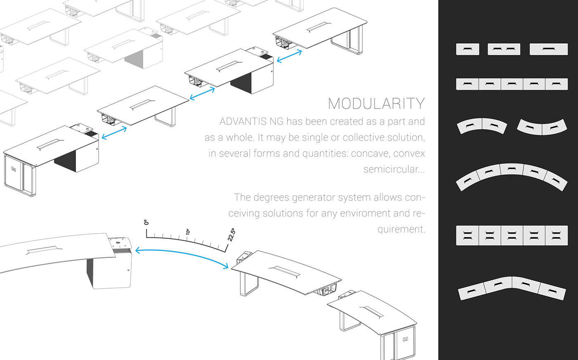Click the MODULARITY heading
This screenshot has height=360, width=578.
pos(376,104)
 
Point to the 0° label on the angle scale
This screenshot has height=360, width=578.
pos(146,223)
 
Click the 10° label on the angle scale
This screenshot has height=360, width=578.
pos(188,232)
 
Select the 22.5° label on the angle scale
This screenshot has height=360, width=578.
pos(232,234)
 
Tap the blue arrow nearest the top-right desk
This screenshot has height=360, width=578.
pos(289,56)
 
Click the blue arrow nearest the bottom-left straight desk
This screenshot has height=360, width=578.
pos(114,133)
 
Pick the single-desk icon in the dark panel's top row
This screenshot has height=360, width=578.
pos(467,49)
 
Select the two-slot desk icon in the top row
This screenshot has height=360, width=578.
pos(504,49)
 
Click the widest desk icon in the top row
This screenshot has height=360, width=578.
pos(549,49)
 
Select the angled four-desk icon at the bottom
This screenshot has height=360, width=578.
pos(512,287)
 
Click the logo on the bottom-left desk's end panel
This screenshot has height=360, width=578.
pos(14,169)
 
